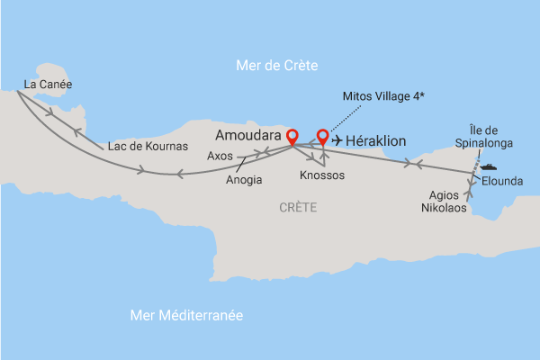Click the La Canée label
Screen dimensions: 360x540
[x=48, y=85]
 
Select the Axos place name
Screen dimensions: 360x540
[x=220, y=156]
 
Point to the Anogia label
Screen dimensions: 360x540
[x=244, y=179]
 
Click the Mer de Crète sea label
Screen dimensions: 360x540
[x=276, y=65]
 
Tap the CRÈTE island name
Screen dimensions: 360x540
[x=298, y=208]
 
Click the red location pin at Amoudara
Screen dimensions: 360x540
[x=292, y=138]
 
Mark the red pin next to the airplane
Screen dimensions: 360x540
[x=322, y=138]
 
